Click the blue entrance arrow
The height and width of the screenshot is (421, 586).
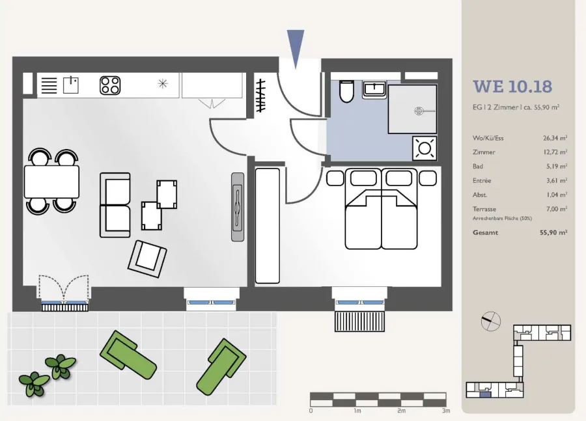point(295,48)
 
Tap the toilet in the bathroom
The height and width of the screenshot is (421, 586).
point(346,91)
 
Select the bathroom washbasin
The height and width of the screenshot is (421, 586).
point(374,90)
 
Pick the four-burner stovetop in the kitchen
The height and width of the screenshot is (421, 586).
point(110,85)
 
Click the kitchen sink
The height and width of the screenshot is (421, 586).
point(70,85)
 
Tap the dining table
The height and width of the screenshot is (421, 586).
point(51,182)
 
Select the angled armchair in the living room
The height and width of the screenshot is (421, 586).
point(147,258)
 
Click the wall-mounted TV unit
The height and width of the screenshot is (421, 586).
point(238,206)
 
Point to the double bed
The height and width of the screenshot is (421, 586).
point(381,209)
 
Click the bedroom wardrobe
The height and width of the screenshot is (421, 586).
point(267,226)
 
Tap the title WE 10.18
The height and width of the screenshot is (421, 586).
point(512,87)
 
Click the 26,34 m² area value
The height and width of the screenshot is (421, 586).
point(555,138)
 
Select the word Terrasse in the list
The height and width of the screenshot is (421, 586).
point(484,209)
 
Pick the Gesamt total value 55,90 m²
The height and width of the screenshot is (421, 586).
point(553,232)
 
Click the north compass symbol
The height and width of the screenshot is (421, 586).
point(490,321)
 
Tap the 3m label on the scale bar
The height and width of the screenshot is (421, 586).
point(445,411)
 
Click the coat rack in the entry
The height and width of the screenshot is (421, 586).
point(260,96)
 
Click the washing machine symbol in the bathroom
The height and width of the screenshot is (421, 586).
point(425,148)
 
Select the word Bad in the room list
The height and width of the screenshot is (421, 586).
point(478,166)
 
